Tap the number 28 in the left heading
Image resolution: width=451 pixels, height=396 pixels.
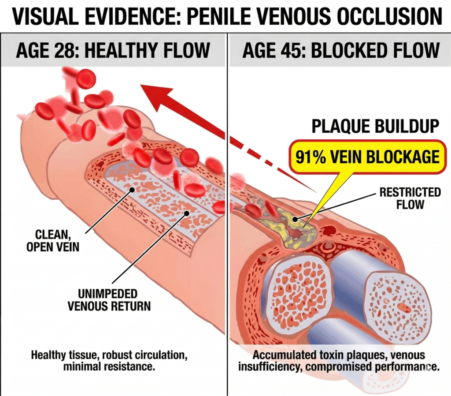click(x=68, y=50)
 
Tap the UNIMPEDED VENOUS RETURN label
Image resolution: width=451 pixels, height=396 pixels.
click(x=109, y=299)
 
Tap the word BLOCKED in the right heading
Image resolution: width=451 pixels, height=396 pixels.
click(x=347, y=50)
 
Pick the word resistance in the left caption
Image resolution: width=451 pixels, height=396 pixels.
click(x=134, y=366)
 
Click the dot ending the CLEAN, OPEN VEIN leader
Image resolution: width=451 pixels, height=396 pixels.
click(x=132, y=190)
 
